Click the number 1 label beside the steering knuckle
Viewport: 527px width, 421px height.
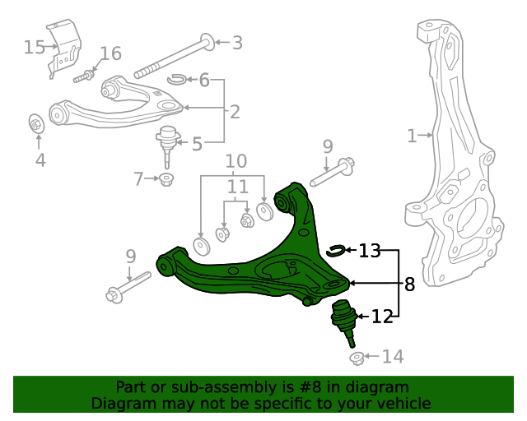click(x=413, y=136)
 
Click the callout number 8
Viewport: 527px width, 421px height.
click(x=409, y=285)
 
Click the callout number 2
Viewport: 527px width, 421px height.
click(x=235, y=111)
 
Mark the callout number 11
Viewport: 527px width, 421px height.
click(x=237, y=187)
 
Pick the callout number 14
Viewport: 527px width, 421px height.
click(x=393, y=357)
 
